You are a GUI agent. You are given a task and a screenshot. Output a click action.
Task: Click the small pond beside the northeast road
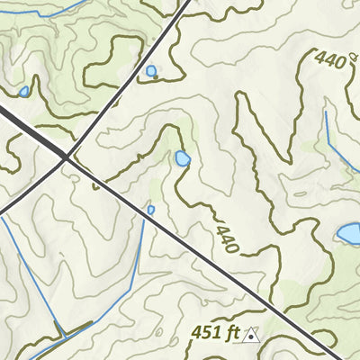[150, 70]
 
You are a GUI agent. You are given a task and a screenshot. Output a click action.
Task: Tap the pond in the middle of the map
[183, 159]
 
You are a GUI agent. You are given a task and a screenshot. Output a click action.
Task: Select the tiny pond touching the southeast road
[151, 210]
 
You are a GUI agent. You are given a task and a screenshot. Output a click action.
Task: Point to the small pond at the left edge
[23, 91]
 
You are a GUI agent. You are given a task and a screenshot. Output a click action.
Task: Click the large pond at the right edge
[349, 234]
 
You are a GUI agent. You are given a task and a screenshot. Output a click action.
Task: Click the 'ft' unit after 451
[233, 333]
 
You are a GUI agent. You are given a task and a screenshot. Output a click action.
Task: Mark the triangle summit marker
[253, 335]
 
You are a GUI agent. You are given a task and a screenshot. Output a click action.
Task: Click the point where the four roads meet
[67, 158]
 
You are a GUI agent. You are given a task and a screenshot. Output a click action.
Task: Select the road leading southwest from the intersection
[31, 189]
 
